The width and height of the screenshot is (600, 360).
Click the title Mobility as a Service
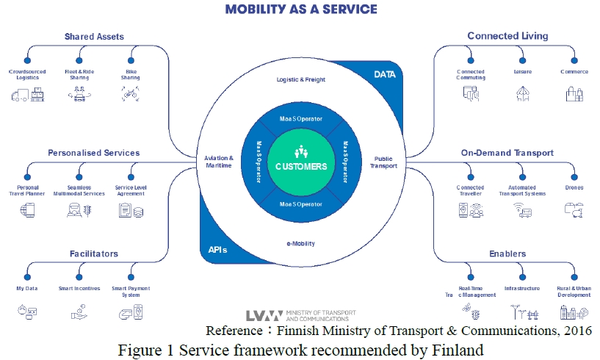coord(301,10)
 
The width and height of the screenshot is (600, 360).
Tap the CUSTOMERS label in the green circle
coord(301,166)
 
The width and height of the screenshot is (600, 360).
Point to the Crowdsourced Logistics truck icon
coord(27,93)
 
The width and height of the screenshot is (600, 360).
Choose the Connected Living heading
coord(507,36)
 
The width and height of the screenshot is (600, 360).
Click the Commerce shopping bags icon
coord(574,93)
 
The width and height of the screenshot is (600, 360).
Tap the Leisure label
coord(523,72)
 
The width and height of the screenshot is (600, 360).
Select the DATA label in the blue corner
coord(385,74)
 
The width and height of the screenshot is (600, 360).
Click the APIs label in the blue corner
coord(214,250)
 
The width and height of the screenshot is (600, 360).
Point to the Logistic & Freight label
coord(301,79)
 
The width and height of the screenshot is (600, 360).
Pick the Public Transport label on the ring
coord(385,162)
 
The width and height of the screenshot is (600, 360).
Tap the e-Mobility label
coord(301,243)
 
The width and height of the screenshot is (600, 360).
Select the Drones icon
coord(574,209)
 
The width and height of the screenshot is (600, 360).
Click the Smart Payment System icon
coord(131,313)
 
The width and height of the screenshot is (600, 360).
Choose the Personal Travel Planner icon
coord(27,210)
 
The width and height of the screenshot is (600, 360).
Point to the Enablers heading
coord(507,254)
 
